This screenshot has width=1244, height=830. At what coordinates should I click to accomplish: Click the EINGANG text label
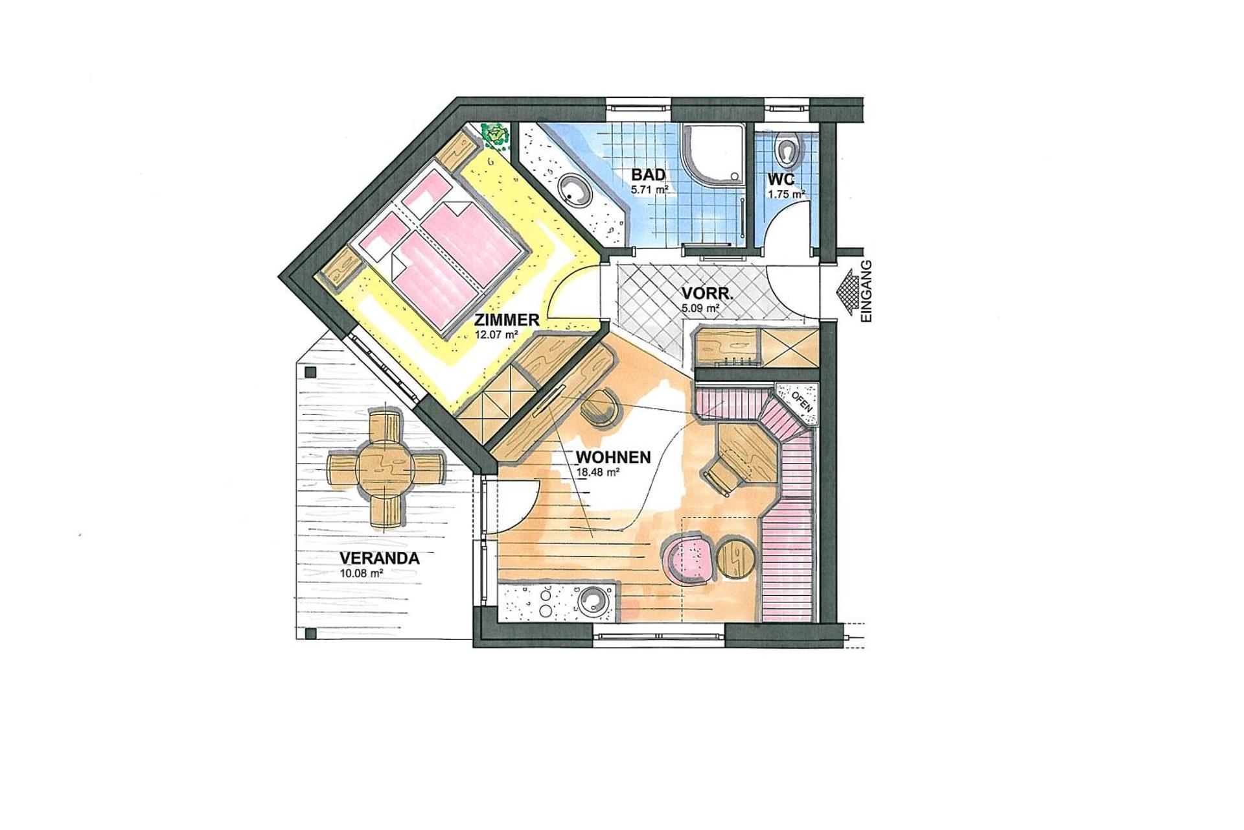point(867,291)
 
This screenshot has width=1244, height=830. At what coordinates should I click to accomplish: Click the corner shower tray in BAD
point(713,156)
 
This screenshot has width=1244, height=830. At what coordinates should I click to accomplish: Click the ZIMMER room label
point(506,320)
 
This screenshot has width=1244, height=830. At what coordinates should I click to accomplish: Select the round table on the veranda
point(386,467)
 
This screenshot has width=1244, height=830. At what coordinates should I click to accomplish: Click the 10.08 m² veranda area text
point(361,573)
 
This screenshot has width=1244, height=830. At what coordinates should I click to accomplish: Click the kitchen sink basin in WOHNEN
point(593,600)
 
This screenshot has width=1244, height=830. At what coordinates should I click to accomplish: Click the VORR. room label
point(707,294)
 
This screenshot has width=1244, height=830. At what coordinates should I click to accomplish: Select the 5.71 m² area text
point(649,191)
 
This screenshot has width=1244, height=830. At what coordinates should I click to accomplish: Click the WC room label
point(781,179)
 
